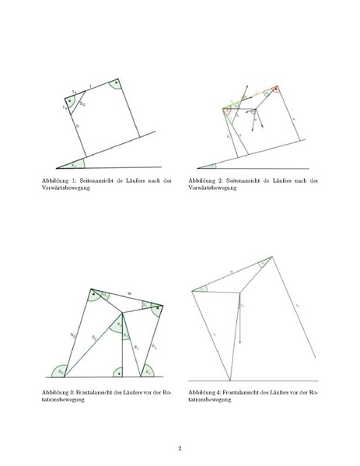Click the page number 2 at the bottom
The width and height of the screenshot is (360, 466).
[180, 447]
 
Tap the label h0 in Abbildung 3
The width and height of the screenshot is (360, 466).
[72, 335]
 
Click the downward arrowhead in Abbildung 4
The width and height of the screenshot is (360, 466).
[240, 342]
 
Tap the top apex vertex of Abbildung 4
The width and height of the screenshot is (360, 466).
[271, 257]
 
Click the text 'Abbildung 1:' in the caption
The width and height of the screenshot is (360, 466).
[60, 181]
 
